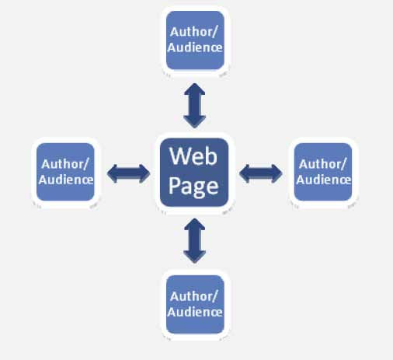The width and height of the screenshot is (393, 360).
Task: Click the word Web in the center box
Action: coord(193,156)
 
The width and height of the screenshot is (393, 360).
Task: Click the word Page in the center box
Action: coord(193,187)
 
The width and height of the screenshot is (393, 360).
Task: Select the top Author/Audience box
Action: coord(195,40)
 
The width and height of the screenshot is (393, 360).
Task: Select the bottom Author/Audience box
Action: coord(195,305)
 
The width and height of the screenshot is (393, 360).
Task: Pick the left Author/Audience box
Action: coord(65,172)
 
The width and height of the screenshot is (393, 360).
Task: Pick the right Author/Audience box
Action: coord(323,172)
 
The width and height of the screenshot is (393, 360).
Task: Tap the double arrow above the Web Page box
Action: coord(195,106)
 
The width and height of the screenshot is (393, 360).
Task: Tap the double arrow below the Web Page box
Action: coord(195,241)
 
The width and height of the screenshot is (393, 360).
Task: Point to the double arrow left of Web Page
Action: coord(129,173)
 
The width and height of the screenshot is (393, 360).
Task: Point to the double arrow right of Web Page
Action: coord(261,173)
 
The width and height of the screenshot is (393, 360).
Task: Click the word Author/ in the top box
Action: coord(194,32)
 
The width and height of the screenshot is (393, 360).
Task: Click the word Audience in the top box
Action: coord(195,47)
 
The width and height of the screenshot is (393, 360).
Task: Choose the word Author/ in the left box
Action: coord(65,164)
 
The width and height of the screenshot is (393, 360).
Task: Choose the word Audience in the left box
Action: coord(66,180)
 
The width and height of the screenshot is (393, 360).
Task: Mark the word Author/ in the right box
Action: coord(322,164)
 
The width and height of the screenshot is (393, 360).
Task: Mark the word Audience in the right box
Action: coord(324,180)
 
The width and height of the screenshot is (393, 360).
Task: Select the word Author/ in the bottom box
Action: coord(194,296)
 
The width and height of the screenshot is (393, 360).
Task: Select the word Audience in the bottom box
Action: coord(195,312)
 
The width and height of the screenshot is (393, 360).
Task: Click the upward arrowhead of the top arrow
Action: coord(195,89)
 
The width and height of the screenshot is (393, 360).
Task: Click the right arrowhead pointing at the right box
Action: coord(276,173)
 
